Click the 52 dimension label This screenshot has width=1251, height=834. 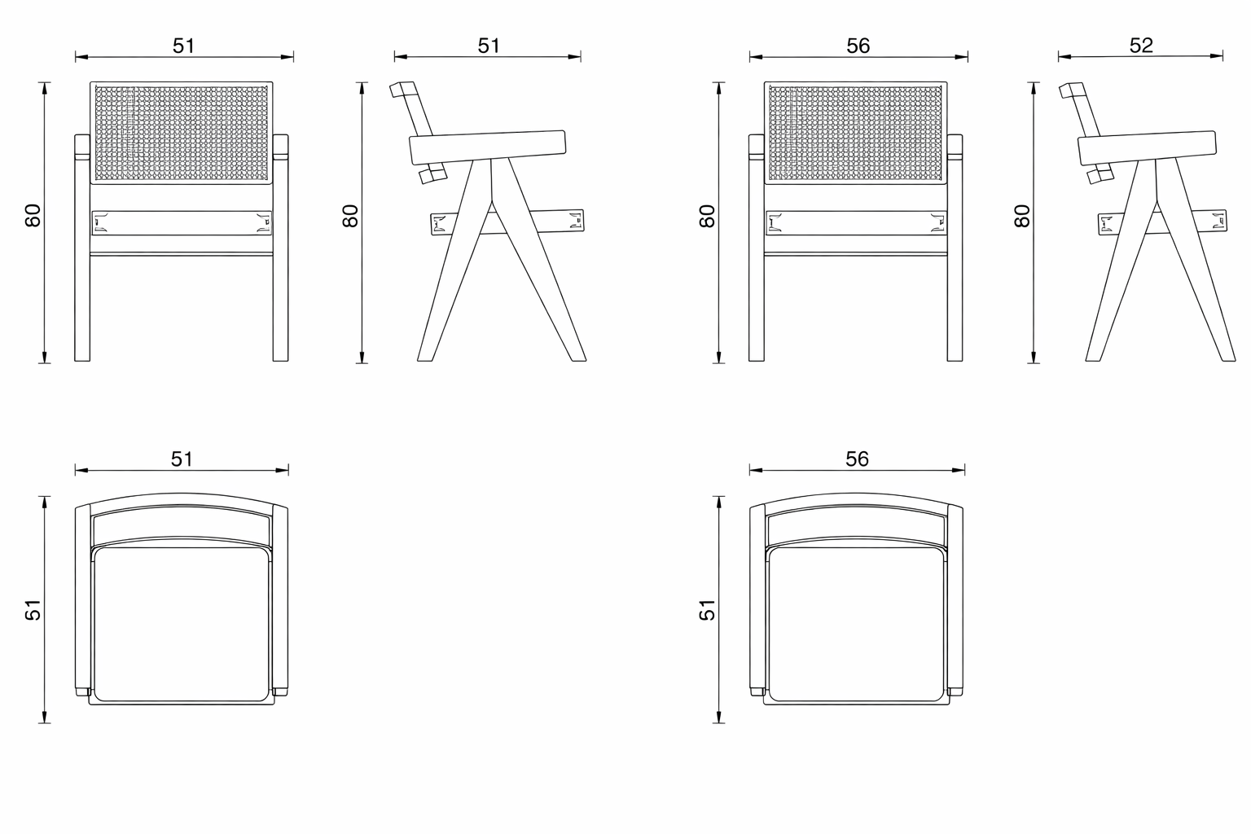(1141, 46)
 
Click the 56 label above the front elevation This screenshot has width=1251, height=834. (858, 46)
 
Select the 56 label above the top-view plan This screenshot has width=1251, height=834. (857, 459)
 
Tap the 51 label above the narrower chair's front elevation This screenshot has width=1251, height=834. (184, 46)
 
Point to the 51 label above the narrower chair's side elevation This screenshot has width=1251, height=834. (489, 46)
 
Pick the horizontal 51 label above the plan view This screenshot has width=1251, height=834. (182, 459)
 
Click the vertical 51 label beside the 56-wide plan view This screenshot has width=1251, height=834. (708, 609)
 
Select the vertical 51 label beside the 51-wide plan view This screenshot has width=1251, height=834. (33, 609)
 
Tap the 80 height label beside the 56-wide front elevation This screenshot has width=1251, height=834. (708, 216)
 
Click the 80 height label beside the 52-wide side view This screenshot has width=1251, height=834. (1023, 216)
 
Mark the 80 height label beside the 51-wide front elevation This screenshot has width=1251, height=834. (33, 216)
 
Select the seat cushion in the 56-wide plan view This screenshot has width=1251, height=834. (857, 623)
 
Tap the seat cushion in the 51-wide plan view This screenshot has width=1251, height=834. (182, 623)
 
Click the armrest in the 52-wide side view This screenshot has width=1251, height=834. (1148, 147)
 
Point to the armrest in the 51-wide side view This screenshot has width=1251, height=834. (487, 147)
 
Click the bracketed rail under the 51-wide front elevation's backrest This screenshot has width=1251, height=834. (182, 222)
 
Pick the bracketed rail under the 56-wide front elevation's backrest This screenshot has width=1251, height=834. (856, 222)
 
